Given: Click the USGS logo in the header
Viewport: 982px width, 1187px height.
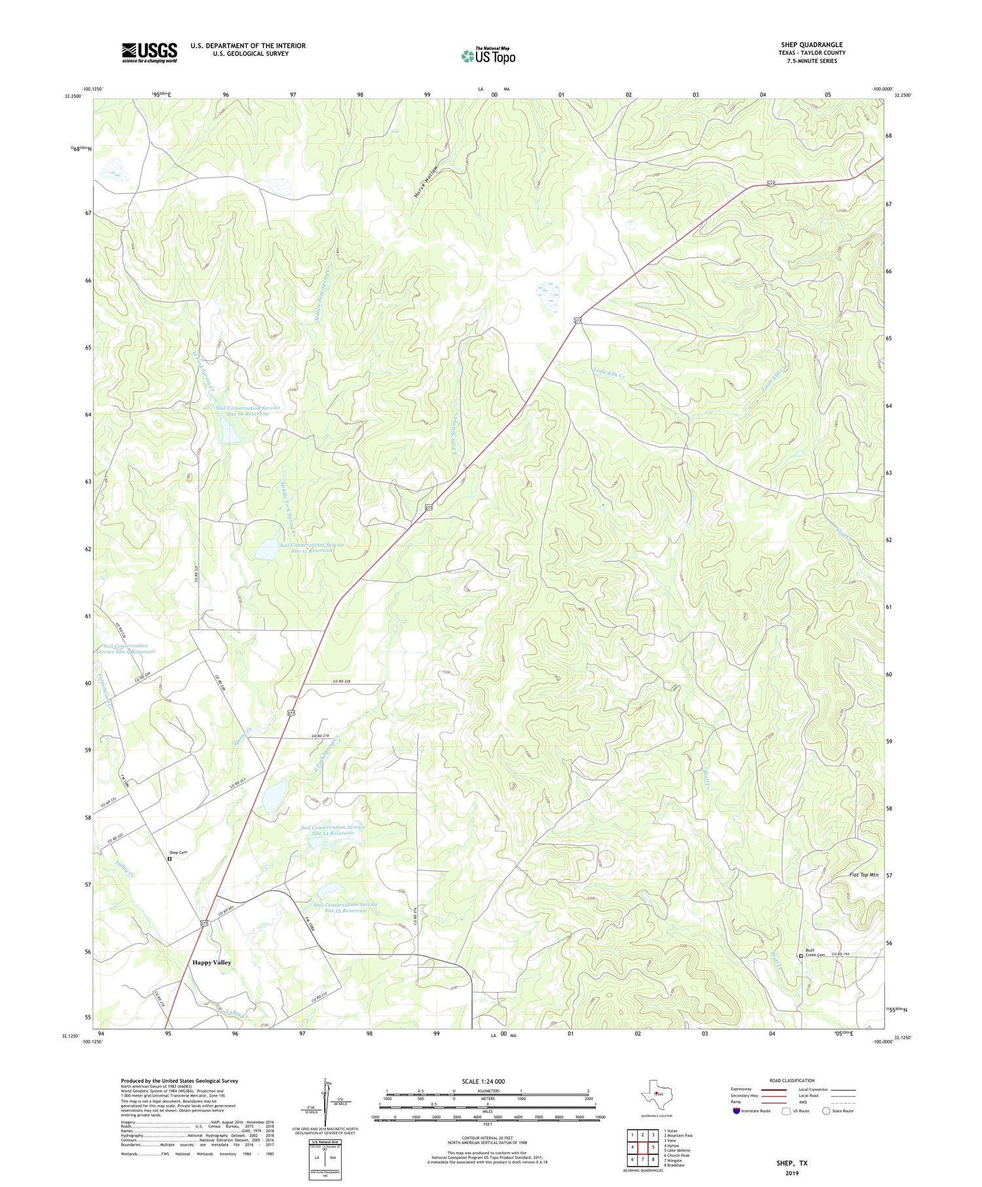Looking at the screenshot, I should [x=149, y=52].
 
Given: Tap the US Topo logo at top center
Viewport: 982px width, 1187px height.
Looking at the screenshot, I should [x=488, y=56].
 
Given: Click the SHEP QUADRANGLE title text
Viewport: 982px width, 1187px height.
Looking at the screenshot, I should [x=812, y=45].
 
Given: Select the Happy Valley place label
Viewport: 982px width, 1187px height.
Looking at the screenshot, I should [x=211, y=962].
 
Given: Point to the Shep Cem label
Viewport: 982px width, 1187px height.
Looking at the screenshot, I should [x=178, y=852].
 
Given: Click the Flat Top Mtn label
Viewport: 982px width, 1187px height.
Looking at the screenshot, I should [x=863, y=875].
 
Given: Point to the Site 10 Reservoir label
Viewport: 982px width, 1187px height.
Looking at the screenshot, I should [x=248, y=411].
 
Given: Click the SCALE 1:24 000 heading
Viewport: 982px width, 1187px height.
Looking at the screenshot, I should [x=483, y=1081].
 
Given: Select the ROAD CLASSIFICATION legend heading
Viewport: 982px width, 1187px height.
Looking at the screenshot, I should [x=792, y=1080].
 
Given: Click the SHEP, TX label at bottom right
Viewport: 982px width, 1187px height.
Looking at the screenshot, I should [x=791, y=1163].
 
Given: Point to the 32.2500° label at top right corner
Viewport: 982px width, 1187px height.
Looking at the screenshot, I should [x=897, y=95].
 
